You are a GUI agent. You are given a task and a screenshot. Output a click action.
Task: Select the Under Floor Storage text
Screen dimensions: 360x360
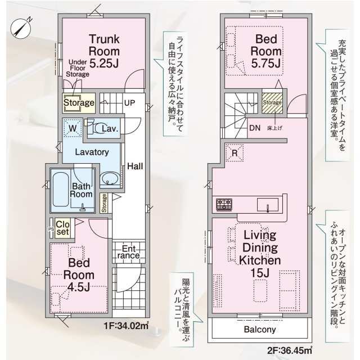point(78,67)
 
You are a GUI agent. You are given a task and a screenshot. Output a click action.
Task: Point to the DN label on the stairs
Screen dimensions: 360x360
point(255,127)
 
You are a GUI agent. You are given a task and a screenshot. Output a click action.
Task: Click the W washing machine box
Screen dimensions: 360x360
point(71,128)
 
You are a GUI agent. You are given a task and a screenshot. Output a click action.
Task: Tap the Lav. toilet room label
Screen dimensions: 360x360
point(109,129)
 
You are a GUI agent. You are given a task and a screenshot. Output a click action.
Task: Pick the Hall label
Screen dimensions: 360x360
point(134,166)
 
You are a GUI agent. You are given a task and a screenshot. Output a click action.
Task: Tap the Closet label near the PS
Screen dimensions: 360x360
point(62,227)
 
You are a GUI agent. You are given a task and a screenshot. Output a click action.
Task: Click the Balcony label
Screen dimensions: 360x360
point(259,330)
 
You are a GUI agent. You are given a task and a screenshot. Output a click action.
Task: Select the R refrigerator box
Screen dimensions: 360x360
point(233,152)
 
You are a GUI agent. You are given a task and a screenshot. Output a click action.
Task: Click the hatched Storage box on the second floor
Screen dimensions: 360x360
point(272,103)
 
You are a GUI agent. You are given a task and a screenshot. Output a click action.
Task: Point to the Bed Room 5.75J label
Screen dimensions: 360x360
point(267,52)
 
